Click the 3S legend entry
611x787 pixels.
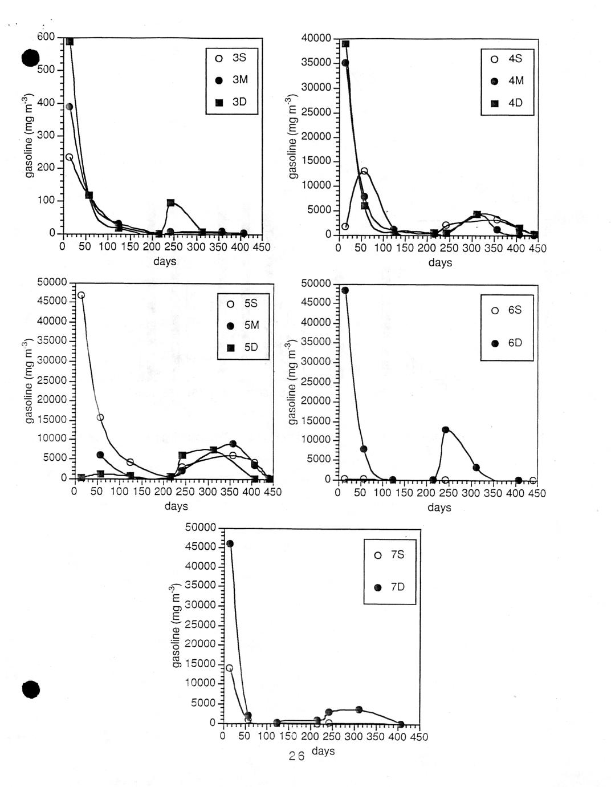[x=232, y=58]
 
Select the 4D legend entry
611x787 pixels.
[x=507, y=103]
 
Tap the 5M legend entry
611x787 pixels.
[x=243, y=326]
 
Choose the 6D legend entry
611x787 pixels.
[x=507, y=343]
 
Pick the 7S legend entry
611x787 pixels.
[x=389, y=555]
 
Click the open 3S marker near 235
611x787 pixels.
[x=69, y=157]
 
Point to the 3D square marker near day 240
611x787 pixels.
[x=170, y=202]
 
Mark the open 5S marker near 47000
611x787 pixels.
[x=81, y=295]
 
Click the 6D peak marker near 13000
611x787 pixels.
[x=445, y=429]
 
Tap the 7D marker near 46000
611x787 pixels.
[x=230, y=543]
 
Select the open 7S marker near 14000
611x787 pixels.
[x=229, y=668]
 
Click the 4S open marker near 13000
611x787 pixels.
[x=364, y=171]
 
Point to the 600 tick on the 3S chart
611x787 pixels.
[x=47, y=37]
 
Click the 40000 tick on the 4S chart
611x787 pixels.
[x=317, y=38]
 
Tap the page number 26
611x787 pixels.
[x=296, y=756]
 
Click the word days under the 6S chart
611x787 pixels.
[x=439, y=508]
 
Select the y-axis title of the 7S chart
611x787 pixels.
[x=176, y=625]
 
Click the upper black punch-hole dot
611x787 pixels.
[x=30, y=58]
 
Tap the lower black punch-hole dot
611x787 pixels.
[x=31, y=689]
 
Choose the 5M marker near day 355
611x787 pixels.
[x=233, y=444]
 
